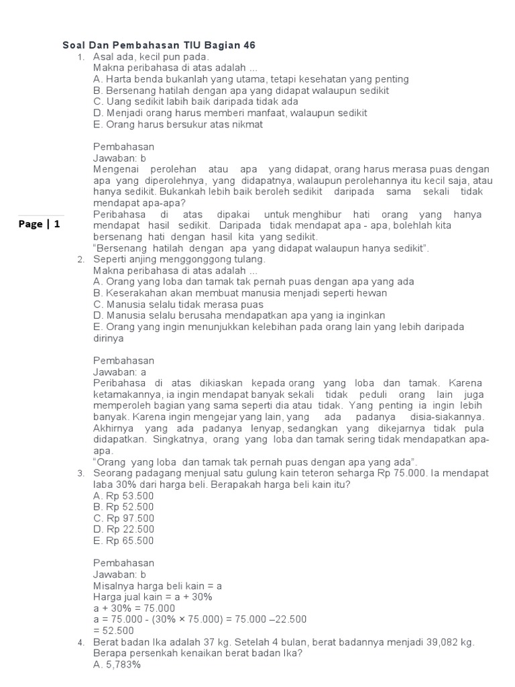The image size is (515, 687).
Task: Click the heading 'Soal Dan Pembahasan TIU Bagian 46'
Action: [x=159, y=45]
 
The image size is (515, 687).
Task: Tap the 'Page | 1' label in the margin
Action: [x=39, y=225]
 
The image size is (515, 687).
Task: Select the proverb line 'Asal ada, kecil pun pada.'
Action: [x=152, y=56]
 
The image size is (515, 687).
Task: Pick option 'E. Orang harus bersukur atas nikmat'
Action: [x=178, y=124]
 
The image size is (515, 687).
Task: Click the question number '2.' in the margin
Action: [x=80, y=260]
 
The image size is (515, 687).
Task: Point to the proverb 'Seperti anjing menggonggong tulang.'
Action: [x=179, y=259]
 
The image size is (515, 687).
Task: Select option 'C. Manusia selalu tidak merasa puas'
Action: [x=178, y=305]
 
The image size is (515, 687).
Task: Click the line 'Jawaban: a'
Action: [x=119, y=372]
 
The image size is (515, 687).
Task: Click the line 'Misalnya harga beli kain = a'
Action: [x=157, y=586]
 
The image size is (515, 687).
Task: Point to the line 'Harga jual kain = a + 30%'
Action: [x=153, y=597]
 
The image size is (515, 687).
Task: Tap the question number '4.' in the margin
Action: [x=80, y=643]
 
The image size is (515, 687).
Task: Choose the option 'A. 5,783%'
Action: [x=117, y=665]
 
